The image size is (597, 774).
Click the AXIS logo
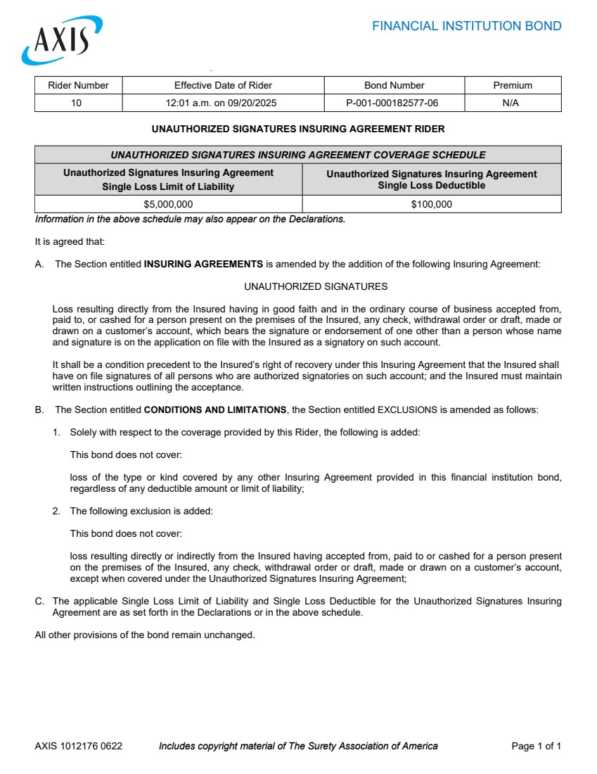[62, 41]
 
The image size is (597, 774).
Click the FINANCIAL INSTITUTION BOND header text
[466, 27]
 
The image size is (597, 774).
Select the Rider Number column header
[78, 86]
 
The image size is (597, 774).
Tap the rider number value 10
[77, 103]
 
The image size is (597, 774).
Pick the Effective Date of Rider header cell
[223, 86]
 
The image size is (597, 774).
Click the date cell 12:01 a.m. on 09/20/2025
[223, 103]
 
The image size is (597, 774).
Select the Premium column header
[513, 86]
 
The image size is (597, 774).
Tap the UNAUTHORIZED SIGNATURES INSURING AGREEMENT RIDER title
[298, 129]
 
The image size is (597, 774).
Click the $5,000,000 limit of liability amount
[168, 205]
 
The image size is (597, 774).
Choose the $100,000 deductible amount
[431, 205]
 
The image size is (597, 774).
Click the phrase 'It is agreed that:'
[70, 242]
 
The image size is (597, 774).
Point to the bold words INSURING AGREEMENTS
[203, 265]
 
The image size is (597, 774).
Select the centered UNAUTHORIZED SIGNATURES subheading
[316, 287]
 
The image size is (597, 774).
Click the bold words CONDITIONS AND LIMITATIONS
[215, 410]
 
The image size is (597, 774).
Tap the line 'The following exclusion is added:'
[141, 512]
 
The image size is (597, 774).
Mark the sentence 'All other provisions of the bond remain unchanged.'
[144, 635]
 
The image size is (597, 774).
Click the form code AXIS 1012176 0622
[78, 747]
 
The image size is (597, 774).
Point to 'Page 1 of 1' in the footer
[536, 747]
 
